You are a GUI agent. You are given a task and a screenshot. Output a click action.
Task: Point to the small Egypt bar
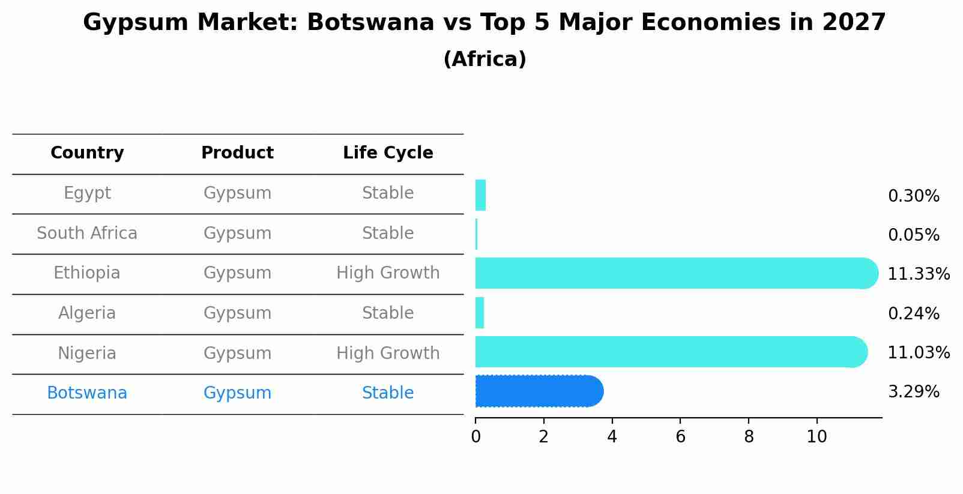480,195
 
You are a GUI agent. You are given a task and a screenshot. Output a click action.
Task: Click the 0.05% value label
913,235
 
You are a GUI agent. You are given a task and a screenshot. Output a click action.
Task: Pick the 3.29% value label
913,392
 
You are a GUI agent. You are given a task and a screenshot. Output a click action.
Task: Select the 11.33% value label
918,274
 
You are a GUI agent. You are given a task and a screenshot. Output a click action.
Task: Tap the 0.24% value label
913,313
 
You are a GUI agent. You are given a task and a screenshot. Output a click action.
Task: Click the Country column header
87,153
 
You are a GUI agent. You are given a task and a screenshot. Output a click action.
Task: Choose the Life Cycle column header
388,153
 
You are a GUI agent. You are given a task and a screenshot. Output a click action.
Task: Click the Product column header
237,153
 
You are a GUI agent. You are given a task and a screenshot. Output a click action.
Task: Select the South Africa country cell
87,233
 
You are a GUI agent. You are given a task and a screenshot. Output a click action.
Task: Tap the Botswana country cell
87,393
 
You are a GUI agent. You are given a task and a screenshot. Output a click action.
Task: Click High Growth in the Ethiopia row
388,273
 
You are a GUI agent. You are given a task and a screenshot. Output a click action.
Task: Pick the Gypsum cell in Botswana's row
237,393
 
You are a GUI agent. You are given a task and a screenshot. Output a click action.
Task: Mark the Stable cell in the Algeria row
388,313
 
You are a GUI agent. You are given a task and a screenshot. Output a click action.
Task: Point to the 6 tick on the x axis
680,437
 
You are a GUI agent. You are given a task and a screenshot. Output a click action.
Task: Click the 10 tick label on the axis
817,437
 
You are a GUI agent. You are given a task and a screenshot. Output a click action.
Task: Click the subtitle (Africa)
485,59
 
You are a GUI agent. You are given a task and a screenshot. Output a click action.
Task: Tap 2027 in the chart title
854,23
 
